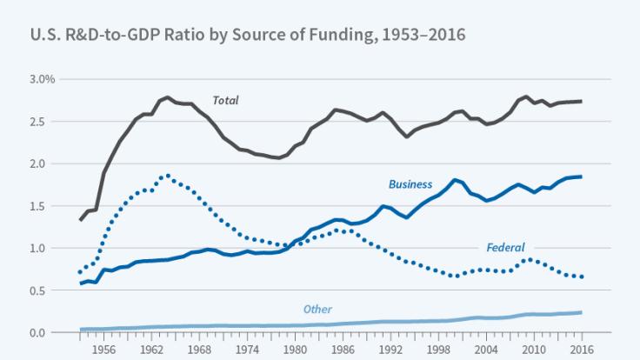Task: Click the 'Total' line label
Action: [226, 101]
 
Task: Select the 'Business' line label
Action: [410, 184]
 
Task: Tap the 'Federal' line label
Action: [505, 247]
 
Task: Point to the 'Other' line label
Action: [317, 310]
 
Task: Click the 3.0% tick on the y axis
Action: [41, 79]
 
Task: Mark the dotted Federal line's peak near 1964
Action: [167, 176]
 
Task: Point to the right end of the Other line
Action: [581, 312]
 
